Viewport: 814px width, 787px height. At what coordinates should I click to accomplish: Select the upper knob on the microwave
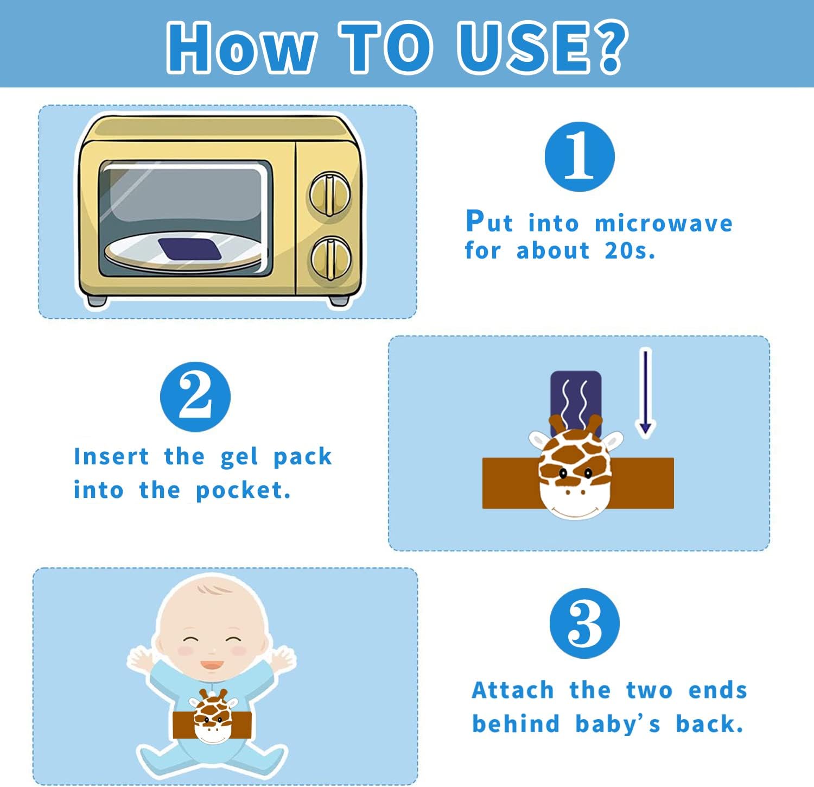pyautogui.click(x=330, y=194)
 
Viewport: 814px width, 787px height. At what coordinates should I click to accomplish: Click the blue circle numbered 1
pyautogui.click(x=580, y=156)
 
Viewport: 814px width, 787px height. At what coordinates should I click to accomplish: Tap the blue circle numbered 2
pyautogui.click(x=195, y=397)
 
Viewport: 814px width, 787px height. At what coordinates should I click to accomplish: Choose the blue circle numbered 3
pyautogui.click(x=584, y=624)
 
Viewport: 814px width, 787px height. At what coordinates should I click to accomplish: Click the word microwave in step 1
pyautogui.click(x=664, y=224)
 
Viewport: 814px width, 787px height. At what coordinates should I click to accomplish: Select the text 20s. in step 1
pyautogui.click(x=630, y=251)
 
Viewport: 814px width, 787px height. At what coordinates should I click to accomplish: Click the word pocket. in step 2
pyautogui.click(x=243, y=491)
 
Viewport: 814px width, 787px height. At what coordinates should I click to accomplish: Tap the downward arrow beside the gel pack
pyautogui.click(x=645, y=392)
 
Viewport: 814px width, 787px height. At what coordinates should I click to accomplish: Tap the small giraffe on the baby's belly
pyautogui.click(x=213, y=716)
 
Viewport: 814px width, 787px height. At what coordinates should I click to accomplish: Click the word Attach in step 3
pyautogui.click(x=513, y=690)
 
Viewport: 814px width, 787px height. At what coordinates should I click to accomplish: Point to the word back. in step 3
pyautogui.click(x=709, y=724)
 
